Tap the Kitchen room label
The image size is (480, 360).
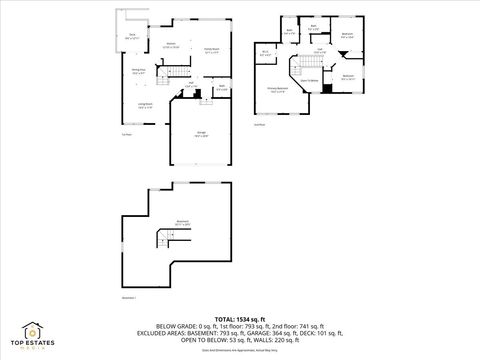[x=171, y=45]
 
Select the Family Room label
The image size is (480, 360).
[x=212, y=50]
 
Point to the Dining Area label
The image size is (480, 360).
[x=139, y=71]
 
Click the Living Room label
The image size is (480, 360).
[x=145, y=105]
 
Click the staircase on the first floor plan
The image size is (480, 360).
[x=179, y=73]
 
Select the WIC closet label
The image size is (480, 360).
[x=265, y=53]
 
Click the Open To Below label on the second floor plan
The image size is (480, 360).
[x=310, y=80]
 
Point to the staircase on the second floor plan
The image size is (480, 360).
[x=308, y=66]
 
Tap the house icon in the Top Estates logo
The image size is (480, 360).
[x=32, y=330]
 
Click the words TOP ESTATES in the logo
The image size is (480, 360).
[x=32, y=343]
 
